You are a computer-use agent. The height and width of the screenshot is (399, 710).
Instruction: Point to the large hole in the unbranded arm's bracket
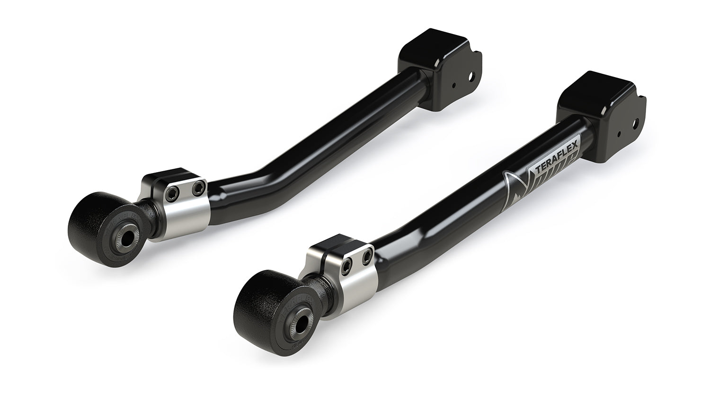coord(470,76)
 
